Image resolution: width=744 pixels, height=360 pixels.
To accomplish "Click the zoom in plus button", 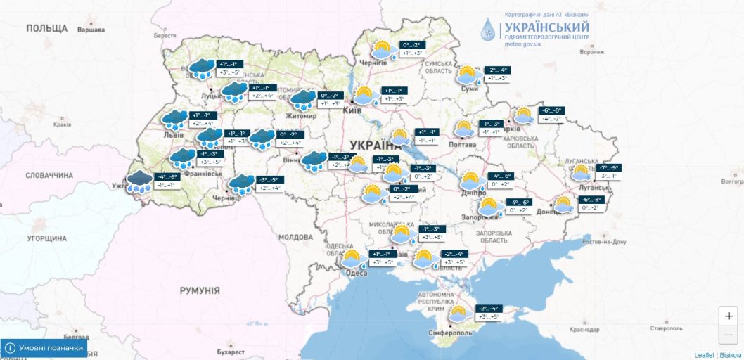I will [729, 316].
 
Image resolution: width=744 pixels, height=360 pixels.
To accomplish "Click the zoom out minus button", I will [729, 335].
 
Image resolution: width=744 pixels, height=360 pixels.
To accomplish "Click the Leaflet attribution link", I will [704, 355].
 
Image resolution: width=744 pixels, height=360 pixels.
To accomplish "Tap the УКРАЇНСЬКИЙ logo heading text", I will [546, 27].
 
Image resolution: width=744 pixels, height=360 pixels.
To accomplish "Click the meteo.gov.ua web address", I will [522, 44].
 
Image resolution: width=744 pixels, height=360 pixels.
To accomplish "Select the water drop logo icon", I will [488, 30].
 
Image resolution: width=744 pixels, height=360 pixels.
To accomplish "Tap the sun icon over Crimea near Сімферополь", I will [458, 314].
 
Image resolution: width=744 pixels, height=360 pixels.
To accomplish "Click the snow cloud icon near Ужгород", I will [140, 182].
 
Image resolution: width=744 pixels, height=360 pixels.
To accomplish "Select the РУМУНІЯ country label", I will [200, 290].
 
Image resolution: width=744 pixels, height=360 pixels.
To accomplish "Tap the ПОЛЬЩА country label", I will [46, 28].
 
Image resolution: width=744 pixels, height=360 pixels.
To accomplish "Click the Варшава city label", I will [91, 30].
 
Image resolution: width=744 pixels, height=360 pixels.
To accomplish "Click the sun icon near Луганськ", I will [581, 173].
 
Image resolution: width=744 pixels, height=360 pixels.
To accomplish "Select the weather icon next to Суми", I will [467, 74].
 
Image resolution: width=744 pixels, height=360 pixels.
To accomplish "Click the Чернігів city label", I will [373, 63].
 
